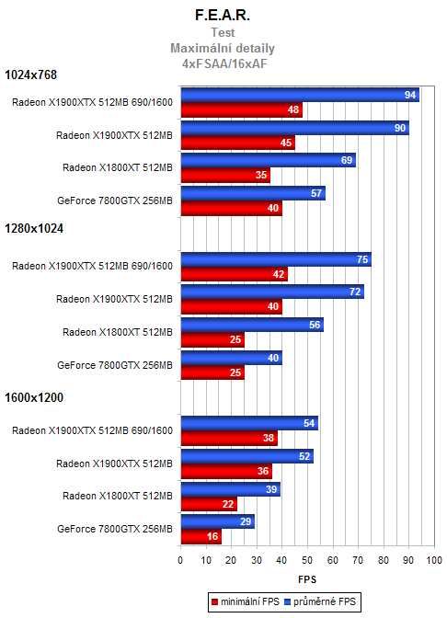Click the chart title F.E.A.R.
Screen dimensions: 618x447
223,16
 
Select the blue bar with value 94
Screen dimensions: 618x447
299,96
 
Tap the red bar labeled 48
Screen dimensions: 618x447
241,110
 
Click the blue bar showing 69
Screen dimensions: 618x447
268,161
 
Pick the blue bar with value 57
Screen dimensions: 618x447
253,193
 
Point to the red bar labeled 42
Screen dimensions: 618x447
234,274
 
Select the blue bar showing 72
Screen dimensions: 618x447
271,292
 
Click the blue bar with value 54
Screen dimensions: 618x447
249,423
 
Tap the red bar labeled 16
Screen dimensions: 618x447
201,536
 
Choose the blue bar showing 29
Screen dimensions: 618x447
217,522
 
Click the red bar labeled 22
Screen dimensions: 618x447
209,504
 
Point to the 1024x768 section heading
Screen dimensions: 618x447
33,74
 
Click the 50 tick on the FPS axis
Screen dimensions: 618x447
307,560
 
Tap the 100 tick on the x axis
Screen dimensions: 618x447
433,560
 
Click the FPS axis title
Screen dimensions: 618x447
307,580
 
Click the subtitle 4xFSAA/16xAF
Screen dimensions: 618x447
223,63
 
